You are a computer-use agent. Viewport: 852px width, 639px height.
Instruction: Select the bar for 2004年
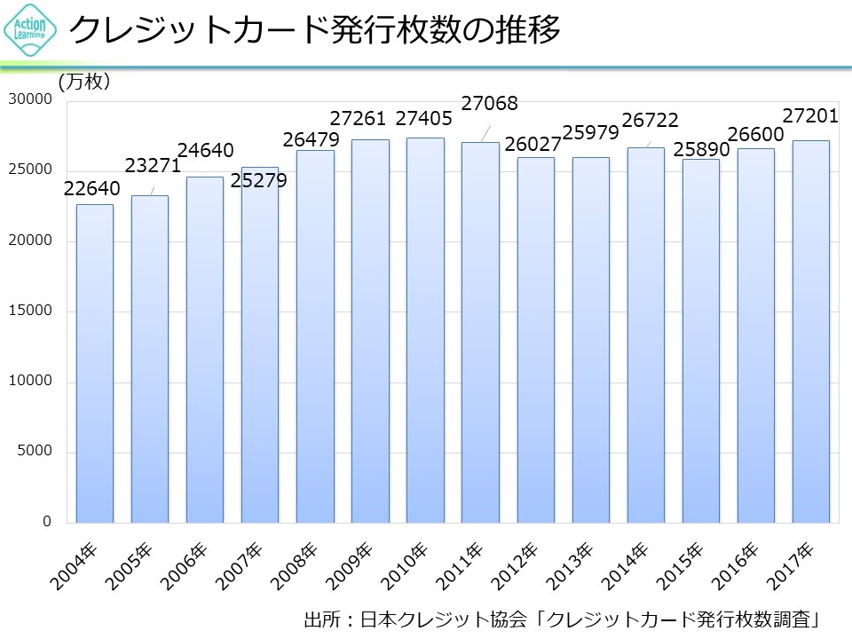(95, 364)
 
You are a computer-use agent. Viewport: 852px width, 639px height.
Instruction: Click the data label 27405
(423, 118)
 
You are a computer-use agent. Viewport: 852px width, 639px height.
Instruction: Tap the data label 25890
(701, 149)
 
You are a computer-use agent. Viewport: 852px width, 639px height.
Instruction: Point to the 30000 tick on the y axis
(31, 100)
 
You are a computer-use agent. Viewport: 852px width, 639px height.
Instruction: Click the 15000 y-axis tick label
(31, 312)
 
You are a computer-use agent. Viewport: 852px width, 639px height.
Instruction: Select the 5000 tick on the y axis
(35, 452)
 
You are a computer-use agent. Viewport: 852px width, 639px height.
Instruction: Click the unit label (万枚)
(84, 82)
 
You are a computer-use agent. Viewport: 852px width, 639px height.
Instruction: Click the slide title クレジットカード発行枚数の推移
(314, 31)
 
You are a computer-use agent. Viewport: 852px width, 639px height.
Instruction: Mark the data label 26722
(651, 119)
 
